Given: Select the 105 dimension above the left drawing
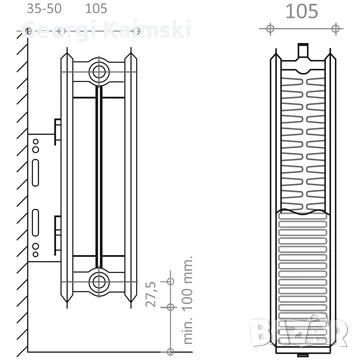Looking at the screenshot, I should pyautogui.click(x=97, y=8).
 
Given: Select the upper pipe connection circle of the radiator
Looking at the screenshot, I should pyautogui.click(x=98, y=72).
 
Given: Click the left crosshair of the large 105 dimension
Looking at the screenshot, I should pyautogui.click(x=266, y=29).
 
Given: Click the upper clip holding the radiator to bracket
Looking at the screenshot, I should pyautogui.click(x=57, y=130).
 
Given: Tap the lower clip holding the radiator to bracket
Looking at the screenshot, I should pyautogui.click(x=57, y=240).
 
